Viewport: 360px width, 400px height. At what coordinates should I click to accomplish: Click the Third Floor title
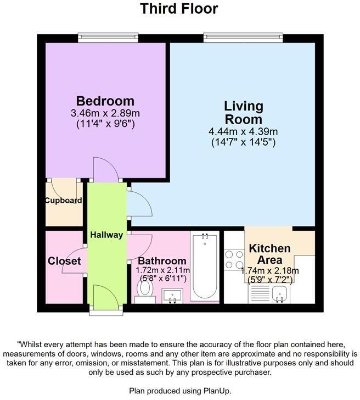coord(179,9)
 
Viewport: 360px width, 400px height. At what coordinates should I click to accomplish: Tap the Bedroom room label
coord(105,101)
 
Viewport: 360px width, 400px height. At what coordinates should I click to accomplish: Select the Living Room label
coord(243,112)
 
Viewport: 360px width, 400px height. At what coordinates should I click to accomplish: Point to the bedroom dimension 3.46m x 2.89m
coord(105,113)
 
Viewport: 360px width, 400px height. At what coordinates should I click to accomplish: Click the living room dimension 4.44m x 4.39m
coord(243,131)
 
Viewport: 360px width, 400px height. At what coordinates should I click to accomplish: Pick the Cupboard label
coord(63,201)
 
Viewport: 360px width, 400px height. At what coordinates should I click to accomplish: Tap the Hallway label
coord(106,235)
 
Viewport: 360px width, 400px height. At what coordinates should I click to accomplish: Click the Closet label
coord(64,262)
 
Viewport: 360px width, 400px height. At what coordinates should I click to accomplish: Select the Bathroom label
coord(162,261)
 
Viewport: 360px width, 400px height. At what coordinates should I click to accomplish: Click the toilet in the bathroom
coord(145,291)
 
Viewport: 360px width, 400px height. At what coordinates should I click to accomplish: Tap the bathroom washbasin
coord(173,296)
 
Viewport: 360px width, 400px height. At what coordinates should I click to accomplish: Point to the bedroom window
coord(107,37)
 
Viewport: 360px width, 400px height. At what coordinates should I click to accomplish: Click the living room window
coord(243,37)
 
